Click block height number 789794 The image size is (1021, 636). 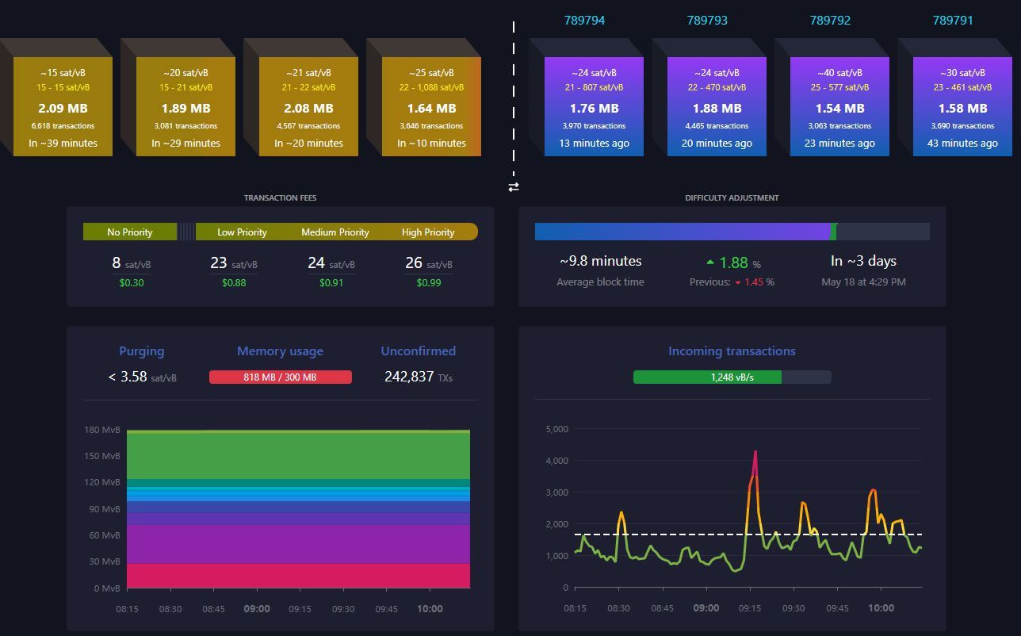pyautogui.click(x=584, y=21)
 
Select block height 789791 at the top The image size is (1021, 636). pyautogui.click(x=953, y=21)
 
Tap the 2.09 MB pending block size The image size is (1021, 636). pyautogui.click(x=63, y=108)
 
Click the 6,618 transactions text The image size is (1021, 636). pyautogui.click(x=63, y=125)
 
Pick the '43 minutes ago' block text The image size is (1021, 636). pyautogui.click(x=962, y=144)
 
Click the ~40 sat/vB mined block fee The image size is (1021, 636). pyautogui.click(x=839, y=73)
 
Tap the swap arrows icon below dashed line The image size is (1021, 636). pyautogui.click(x=514, y=187)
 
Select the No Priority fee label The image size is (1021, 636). pyautogui.click(x=129, y=232)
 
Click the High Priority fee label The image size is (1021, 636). pyautogui.click(x=428, y=232)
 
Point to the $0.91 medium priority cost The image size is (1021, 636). pyautogui.click(x=331, y=282)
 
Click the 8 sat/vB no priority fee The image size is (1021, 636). pyautogui.click(x=131, y=263)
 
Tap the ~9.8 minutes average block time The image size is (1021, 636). pyautogui.click(x=600, y=261)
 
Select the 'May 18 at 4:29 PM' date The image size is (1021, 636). pyautogui.click(x=863, y=282)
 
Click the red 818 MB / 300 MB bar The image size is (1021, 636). pyautogui.click(x=280, y=377)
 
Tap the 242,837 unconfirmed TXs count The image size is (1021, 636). pyautogui.click(x=418, y=377)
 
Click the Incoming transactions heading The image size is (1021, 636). pyautogui.click(x=731, y=351)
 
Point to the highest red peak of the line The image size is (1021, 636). pyautogui.click(x=755, y=452)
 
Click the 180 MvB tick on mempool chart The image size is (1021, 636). pyautogui.click(x=102, y=430)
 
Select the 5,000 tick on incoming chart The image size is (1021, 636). pyautogui.click(x=556, y=429)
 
